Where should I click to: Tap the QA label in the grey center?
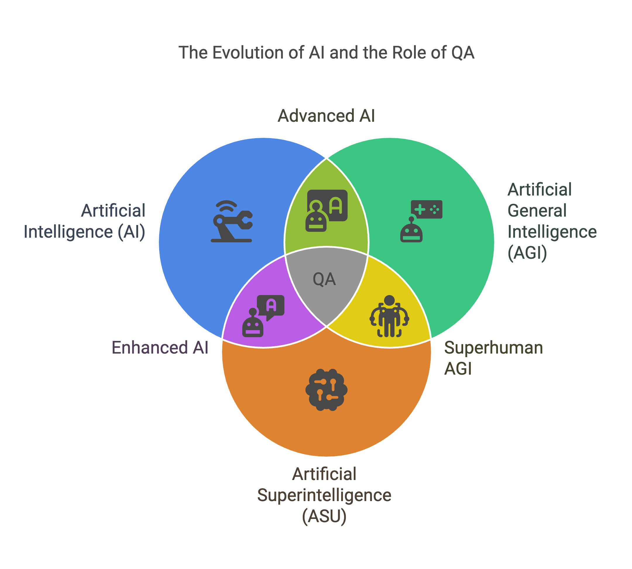[x=324, y=279]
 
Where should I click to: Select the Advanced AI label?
[x=326, y=116]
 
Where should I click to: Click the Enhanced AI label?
[x=160, y=348]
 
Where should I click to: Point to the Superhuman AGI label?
[x=493, y=358]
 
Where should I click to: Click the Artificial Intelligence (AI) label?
[x=84, y=221]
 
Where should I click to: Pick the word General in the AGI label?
[x=537, y=210]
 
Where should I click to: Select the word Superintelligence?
[x=324, y=495]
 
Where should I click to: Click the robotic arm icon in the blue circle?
[x=232, y=221]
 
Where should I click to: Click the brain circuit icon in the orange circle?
[x=326, y=390]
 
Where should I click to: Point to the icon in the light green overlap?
[x=326, y=210]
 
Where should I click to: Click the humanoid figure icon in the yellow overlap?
[x=389, y=316]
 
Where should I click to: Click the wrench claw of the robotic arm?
[x=245, y=220]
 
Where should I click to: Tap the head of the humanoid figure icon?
[x=389, y=300]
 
